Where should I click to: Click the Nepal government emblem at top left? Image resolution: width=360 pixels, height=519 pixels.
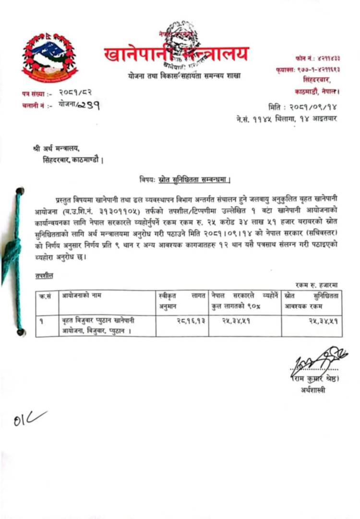[49, 57]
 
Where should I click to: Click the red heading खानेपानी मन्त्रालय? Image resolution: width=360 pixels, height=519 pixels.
[177, 53]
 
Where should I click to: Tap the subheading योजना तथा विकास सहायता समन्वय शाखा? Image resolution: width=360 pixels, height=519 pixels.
[184, 76]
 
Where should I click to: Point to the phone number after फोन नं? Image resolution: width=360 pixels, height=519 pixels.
[327, 58]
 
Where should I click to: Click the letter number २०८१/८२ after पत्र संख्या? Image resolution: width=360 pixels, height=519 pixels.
[76, 92]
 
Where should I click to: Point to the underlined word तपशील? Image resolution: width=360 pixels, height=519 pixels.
[44, 276]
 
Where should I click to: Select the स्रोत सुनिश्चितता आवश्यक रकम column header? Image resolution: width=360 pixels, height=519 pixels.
[312, 301]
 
